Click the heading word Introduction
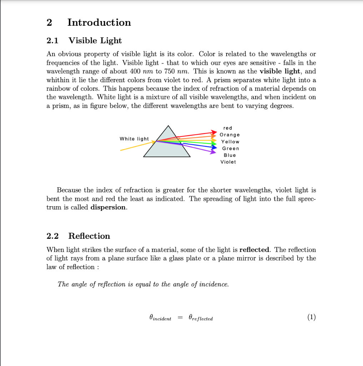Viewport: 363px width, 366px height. coord(99,23)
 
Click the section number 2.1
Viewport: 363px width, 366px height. coord(53,41)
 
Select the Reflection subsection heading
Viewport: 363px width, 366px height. coord(89,236)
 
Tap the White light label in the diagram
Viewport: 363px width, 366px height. coord(134,139)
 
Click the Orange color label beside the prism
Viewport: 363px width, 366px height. coord(230,135)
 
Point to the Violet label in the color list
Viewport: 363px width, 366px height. coord(228,162)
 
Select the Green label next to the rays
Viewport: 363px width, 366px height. coord(231,148)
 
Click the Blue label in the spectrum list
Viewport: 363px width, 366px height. coord(230,155)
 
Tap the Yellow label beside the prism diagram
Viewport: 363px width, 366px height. coord(230,142)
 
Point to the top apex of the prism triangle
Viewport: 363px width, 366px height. coord(167,125)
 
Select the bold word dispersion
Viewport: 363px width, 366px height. coord(108,207)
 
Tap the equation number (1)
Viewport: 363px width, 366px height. coord(311,317)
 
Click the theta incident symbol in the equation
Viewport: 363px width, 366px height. coord(160,318)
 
